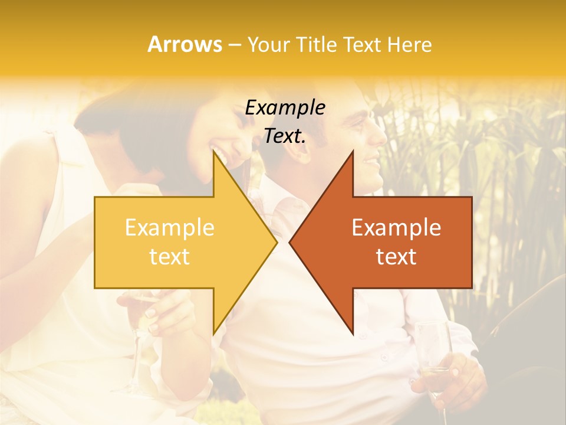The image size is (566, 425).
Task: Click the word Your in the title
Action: point(268,45)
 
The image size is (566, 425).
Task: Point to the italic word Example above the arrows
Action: point(285,108)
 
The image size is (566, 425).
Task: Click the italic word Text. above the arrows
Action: point(285,136)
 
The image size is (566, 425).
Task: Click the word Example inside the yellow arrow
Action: point(170,228)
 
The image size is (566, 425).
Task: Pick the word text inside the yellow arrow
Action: point(170,257)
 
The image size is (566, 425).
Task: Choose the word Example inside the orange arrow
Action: point(396,228)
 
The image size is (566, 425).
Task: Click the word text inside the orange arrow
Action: point(396,257)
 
